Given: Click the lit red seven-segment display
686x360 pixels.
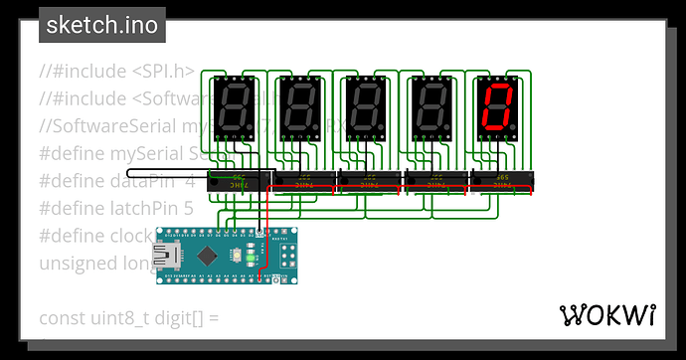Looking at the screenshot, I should click(x=495, y=107).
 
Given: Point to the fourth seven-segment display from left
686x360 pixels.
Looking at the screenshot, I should click(x=430, y=107).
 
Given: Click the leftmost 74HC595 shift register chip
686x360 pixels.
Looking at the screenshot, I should click(x=239, y=181).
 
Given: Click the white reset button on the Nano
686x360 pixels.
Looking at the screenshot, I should click(x=242, y=255).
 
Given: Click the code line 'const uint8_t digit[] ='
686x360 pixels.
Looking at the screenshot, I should click(x=128, y=319).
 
